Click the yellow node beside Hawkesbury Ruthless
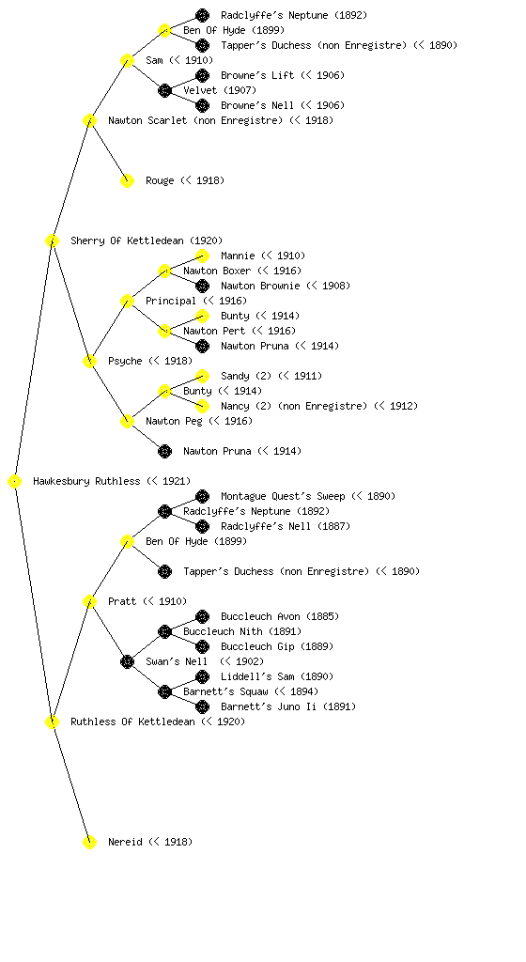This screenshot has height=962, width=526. (15, 481)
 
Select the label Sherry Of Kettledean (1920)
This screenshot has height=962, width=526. (147, 240)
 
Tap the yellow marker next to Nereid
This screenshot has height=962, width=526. (89, 842)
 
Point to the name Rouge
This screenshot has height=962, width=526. (160, 180)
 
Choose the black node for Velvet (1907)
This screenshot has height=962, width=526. (164, 90)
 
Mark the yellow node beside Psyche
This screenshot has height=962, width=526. (89, 361)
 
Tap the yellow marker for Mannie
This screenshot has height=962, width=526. (202, 256)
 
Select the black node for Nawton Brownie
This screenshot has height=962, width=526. (202, 286)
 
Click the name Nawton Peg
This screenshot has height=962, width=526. (174, 421)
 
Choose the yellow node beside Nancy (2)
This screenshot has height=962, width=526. (202, 406)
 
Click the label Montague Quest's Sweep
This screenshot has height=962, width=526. (283, 496)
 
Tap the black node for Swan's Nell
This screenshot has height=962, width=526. (127, 661)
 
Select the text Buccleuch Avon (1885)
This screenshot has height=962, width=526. (280, 616)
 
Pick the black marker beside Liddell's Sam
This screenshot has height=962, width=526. (202, 676)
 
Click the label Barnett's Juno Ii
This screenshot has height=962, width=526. (269, 706)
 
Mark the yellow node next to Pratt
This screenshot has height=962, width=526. (89, 601)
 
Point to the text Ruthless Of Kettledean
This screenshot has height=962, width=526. (132, 721)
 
